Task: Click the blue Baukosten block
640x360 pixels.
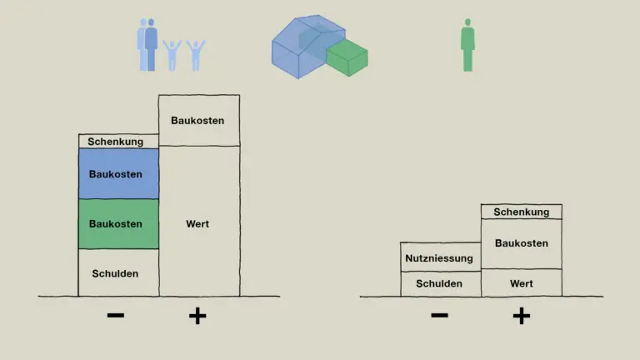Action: pyautogui.click(x=118, y=174)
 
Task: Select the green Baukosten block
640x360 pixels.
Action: pyautogui.click(x=118, y=223)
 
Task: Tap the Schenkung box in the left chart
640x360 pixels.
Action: pyautogui.click(x=118, y=141)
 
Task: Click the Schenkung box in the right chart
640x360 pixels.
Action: pyautogui.click(x=521, y=212)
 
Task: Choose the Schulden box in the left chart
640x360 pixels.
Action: pyautogui.click(x=118, y=272)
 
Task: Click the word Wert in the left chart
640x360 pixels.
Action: pyautogui.click(x=197, y=223)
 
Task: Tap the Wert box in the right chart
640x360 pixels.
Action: pyautogui.click(x=521, y=282)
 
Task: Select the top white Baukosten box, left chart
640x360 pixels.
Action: pyautogui.click(x=199, y=120)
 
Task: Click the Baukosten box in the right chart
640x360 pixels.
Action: pyautogui.click(x=521, y=244)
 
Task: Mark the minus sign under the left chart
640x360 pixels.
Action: pyautogui.click(x=116, y=315)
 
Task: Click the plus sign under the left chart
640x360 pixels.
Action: pyautogui.click(x=197, y=316)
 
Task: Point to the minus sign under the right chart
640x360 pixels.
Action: pyautogui.click(x=440, y=315)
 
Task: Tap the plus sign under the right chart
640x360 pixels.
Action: pyautogui.click(x=521, y=316)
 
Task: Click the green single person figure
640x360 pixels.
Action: pyautogui.click(x=467, y=45)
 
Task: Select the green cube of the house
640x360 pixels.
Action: pyautogui.click(x=347, y=57)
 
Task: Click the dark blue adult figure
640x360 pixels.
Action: pyautogui.click(x=151, y=45)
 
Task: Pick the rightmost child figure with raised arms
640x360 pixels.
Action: pyautogui.click(x=196, y=56)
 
